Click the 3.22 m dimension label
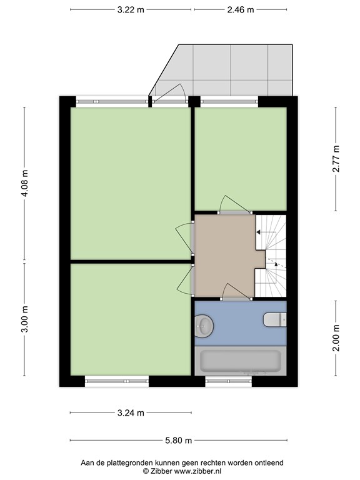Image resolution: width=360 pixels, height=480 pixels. coord(131,10)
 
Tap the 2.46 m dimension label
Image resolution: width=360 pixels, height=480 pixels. coord(240,10)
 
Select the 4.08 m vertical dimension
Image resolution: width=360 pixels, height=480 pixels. coord(25,183)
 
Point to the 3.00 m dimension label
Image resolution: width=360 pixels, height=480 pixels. coord(25,319)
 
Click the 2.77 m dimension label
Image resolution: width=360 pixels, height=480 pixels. coord(336,159)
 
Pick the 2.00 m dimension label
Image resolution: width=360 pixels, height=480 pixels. coord(336,338)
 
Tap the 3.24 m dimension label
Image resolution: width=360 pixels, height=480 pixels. coord(131,413)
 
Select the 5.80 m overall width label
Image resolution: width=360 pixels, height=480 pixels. coord(179,441)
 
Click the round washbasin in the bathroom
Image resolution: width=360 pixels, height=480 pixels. coord(203,326)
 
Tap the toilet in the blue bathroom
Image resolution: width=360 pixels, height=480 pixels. coord(274,319)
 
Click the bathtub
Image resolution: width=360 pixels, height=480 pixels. coord(240,361)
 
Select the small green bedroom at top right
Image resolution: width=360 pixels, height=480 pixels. coord(241,159)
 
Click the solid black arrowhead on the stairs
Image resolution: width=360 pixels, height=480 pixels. coord(258,232)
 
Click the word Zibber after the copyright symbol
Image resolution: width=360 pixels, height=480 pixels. coord(161,471)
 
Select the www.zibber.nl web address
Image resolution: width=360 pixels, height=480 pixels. coord(197,471)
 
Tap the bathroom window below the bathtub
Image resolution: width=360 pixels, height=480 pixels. coord(228,381)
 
